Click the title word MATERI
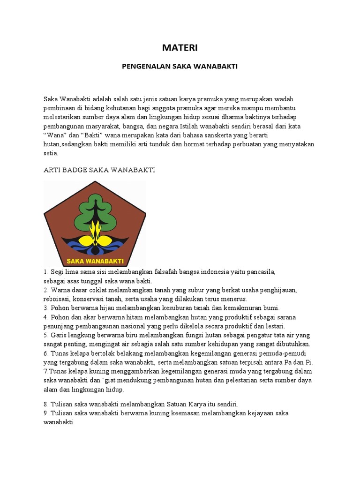tap(180, 48)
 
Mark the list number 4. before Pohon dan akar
tap(46, 317)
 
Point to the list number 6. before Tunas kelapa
tap(46, 353)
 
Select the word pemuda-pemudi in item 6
tap(286, 353)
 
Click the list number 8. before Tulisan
tap(46, 404)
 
